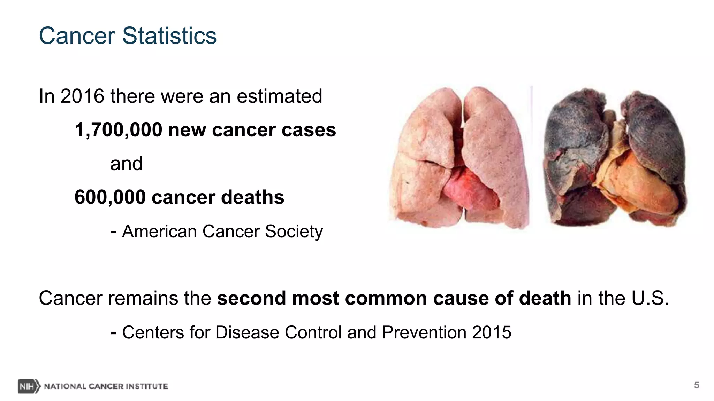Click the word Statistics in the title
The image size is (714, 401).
point(169,36)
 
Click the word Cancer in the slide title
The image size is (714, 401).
point(77,36)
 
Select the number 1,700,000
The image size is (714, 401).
point(119,130)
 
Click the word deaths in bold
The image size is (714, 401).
point(252,197)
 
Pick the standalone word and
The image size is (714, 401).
point(126,164)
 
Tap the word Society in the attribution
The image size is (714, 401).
point(294,231)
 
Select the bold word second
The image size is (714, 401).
point(251,298)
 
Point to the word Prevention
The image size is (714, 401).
point(424,332)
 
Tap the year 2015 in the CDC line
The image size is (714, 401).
point(492,332)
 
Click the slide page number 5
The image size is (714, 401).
point(696,385)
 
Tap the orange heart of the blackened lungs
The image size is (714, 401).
point(638,181)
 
